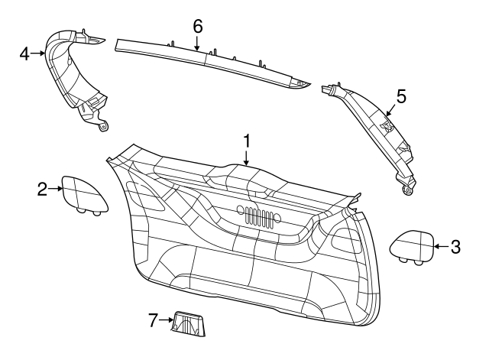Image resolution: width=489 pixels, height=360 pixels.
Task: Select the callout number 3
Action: pyautogui.click(x=455, y=247)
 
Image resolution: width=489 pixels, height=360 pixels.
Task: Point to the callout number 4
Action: pyautogui.click(x=24, y=54)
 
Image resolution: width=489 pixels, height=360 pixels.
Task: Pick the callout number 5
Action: pyautogui.click(x=401, y=96)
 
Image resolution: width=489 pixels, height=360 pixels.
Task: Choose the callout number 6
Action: pyautogui.click(x=197, y=24)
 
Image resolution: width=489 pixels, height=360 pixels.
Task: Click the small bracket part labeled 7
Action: pyautogui.click(x=189, y=324)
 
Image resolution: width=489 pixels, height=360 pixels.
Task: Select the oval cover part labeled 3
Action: pyautogui.click(x=413, y=246)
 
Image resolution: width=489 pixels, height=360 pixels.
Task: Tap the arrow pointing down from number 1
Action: pyautogui.click(x=247, y=157)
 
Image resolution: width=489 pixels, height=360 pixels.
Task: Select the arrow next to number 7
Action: pyautogui.click(x=167, y=321)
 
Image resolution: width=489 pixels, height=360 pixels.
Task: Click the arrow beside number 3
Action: pyautogui.click(x=440, y=247)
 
